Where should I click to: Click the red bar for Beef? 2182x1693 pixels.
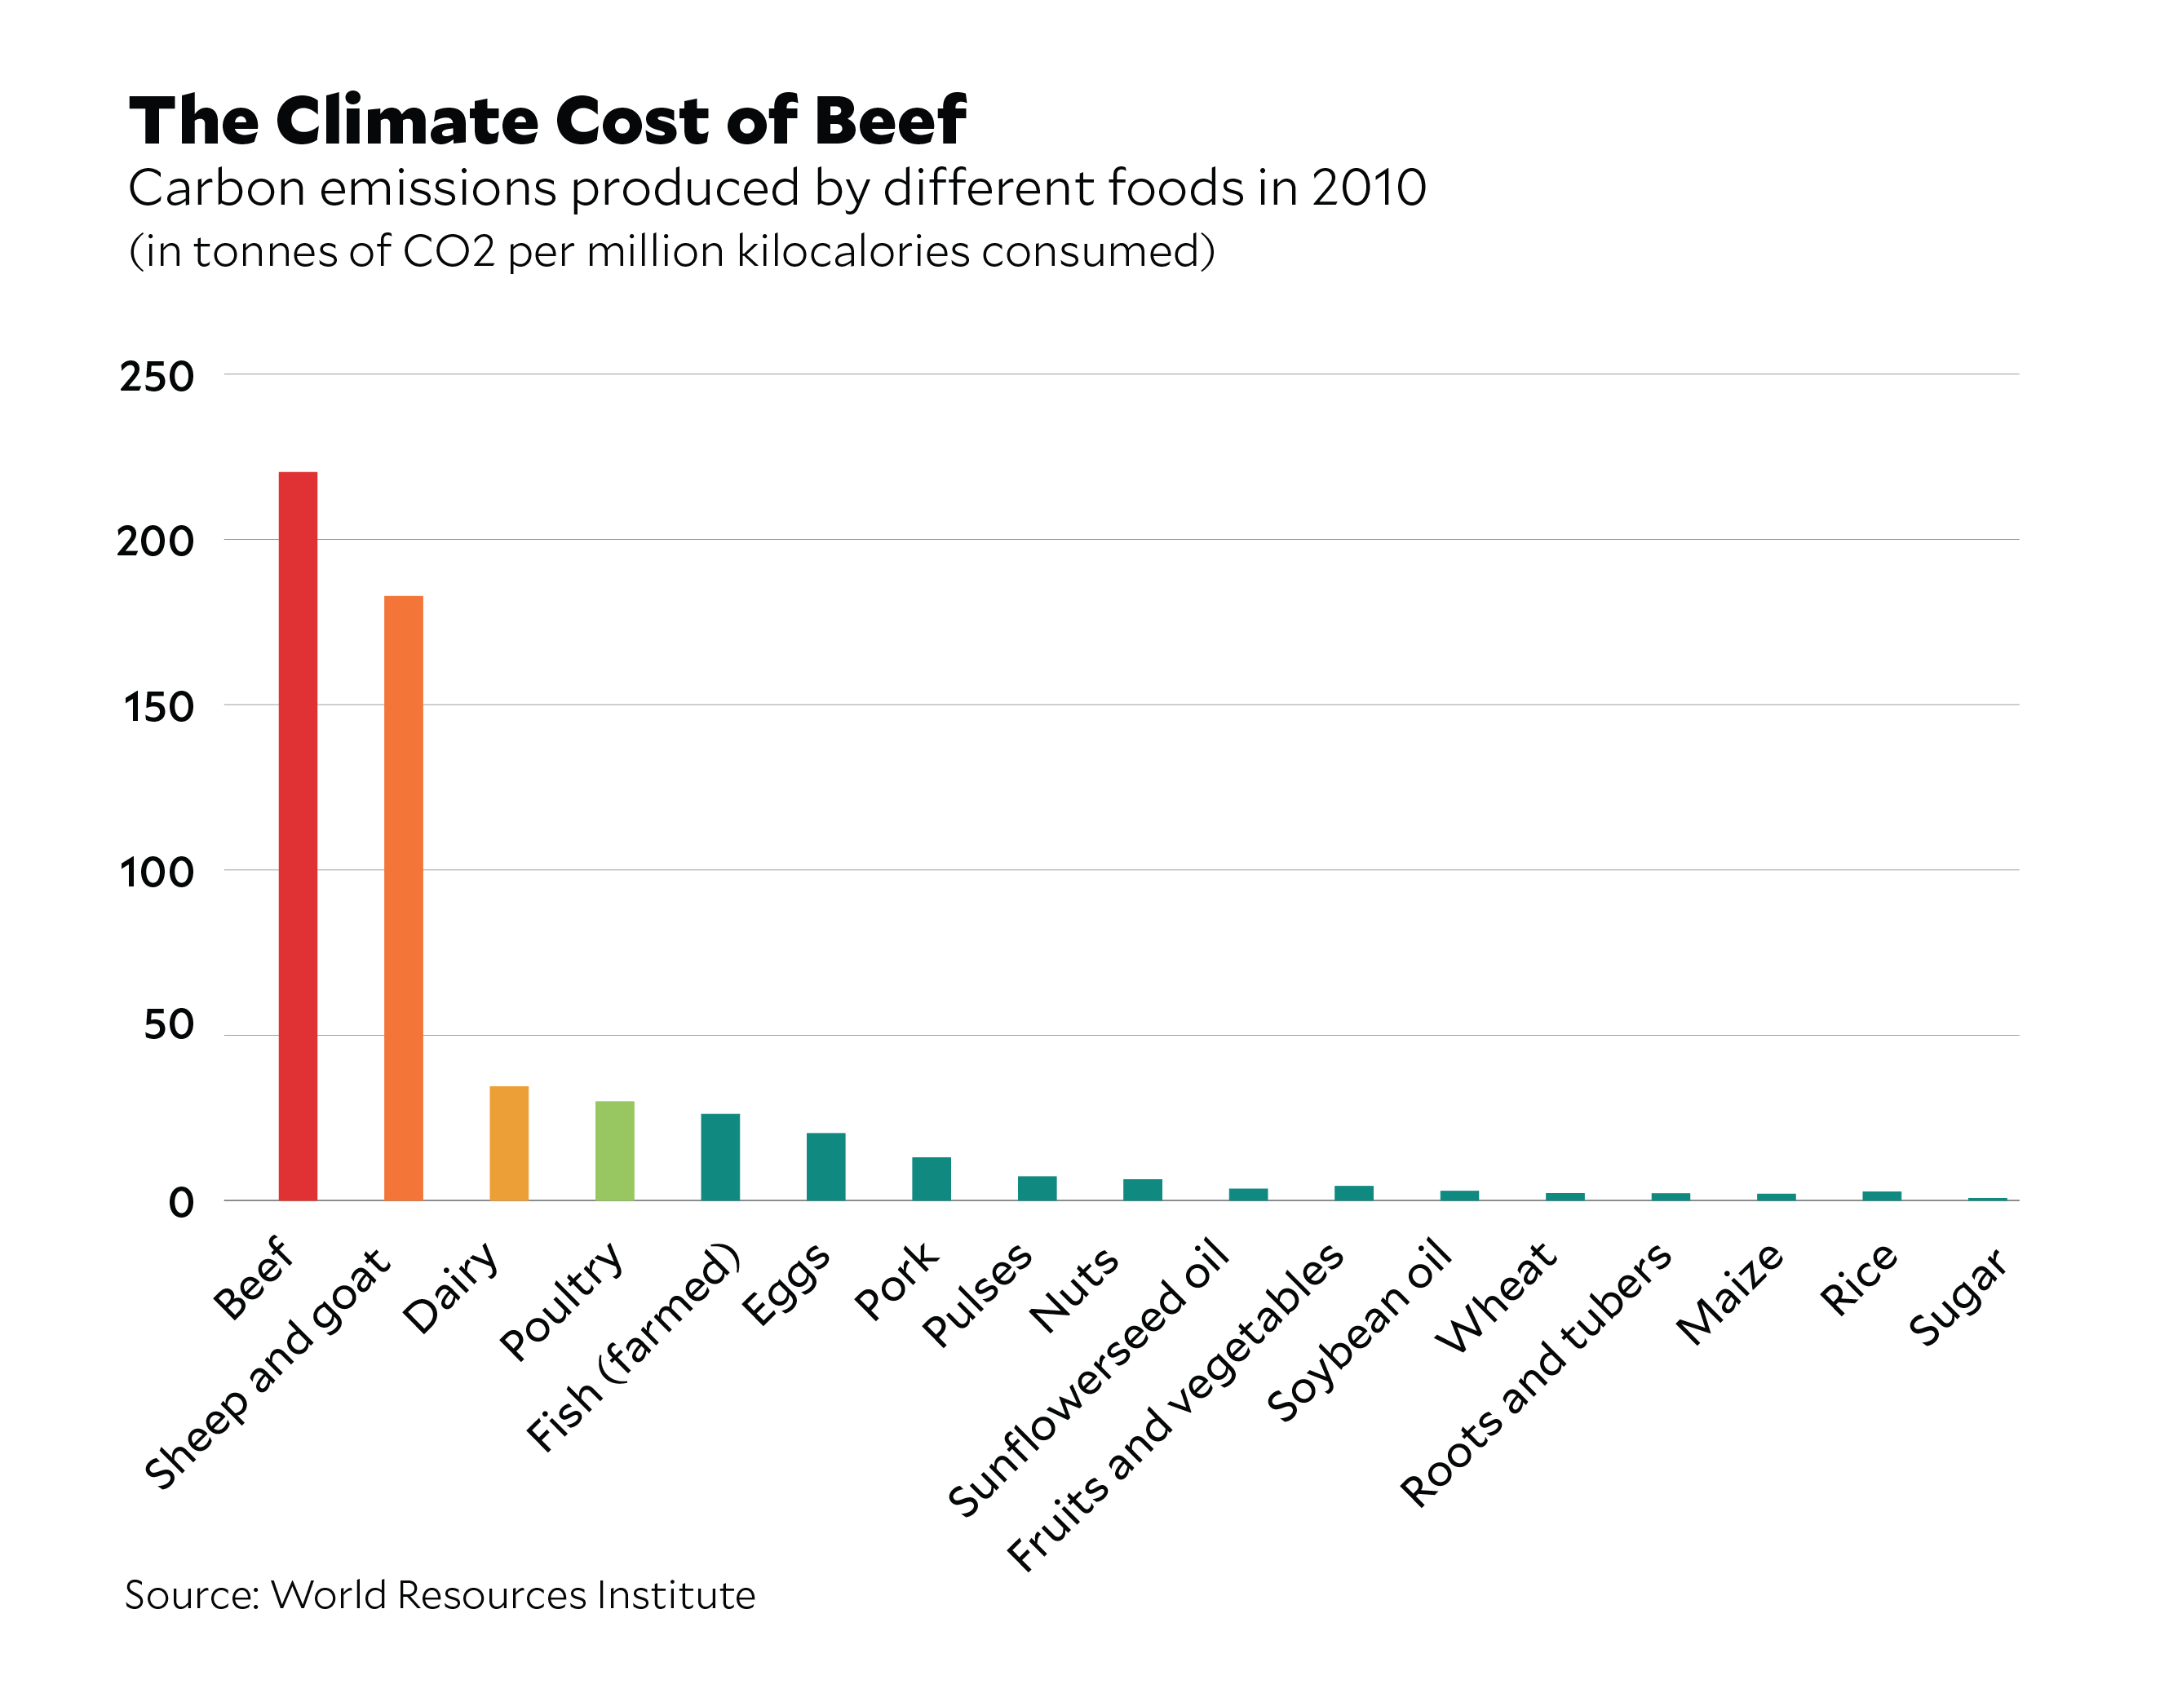coord(298,835)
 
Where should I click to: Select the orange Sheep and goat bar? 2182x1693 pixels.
coord(404,897)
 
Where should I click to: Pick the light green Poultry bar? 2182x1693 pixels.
coord(614,1150)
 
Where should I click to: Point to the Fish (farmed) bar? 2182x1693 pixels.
coord(720,1156)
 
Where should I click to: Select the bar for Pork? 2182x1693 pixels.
coord(932,1178)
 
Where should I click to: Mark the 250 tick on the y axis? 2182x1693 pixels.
coord(157,378)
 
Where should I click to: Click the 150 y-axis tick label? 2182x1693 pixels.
coord(159,707)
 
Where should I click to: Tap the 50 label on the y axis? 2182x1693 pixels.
coord(168,1025)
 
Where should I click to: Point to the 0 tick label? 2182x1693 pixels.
coord(181,1203)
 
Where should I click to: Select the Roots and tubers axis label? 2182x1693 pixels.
coord(1536,1373)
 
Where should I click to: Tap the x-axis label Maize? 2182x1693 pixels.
coord(1729,1294)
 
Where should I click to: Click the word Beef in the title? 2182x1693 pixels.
coord(889,121)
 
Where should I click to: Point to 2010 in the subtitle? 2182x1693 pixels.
coord(1368,188)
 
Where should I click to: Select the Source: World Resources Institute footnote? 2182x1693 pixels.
coord(440,1595)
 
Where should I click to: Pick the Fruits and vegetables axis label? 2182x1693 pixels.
coord(1176,1405)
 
